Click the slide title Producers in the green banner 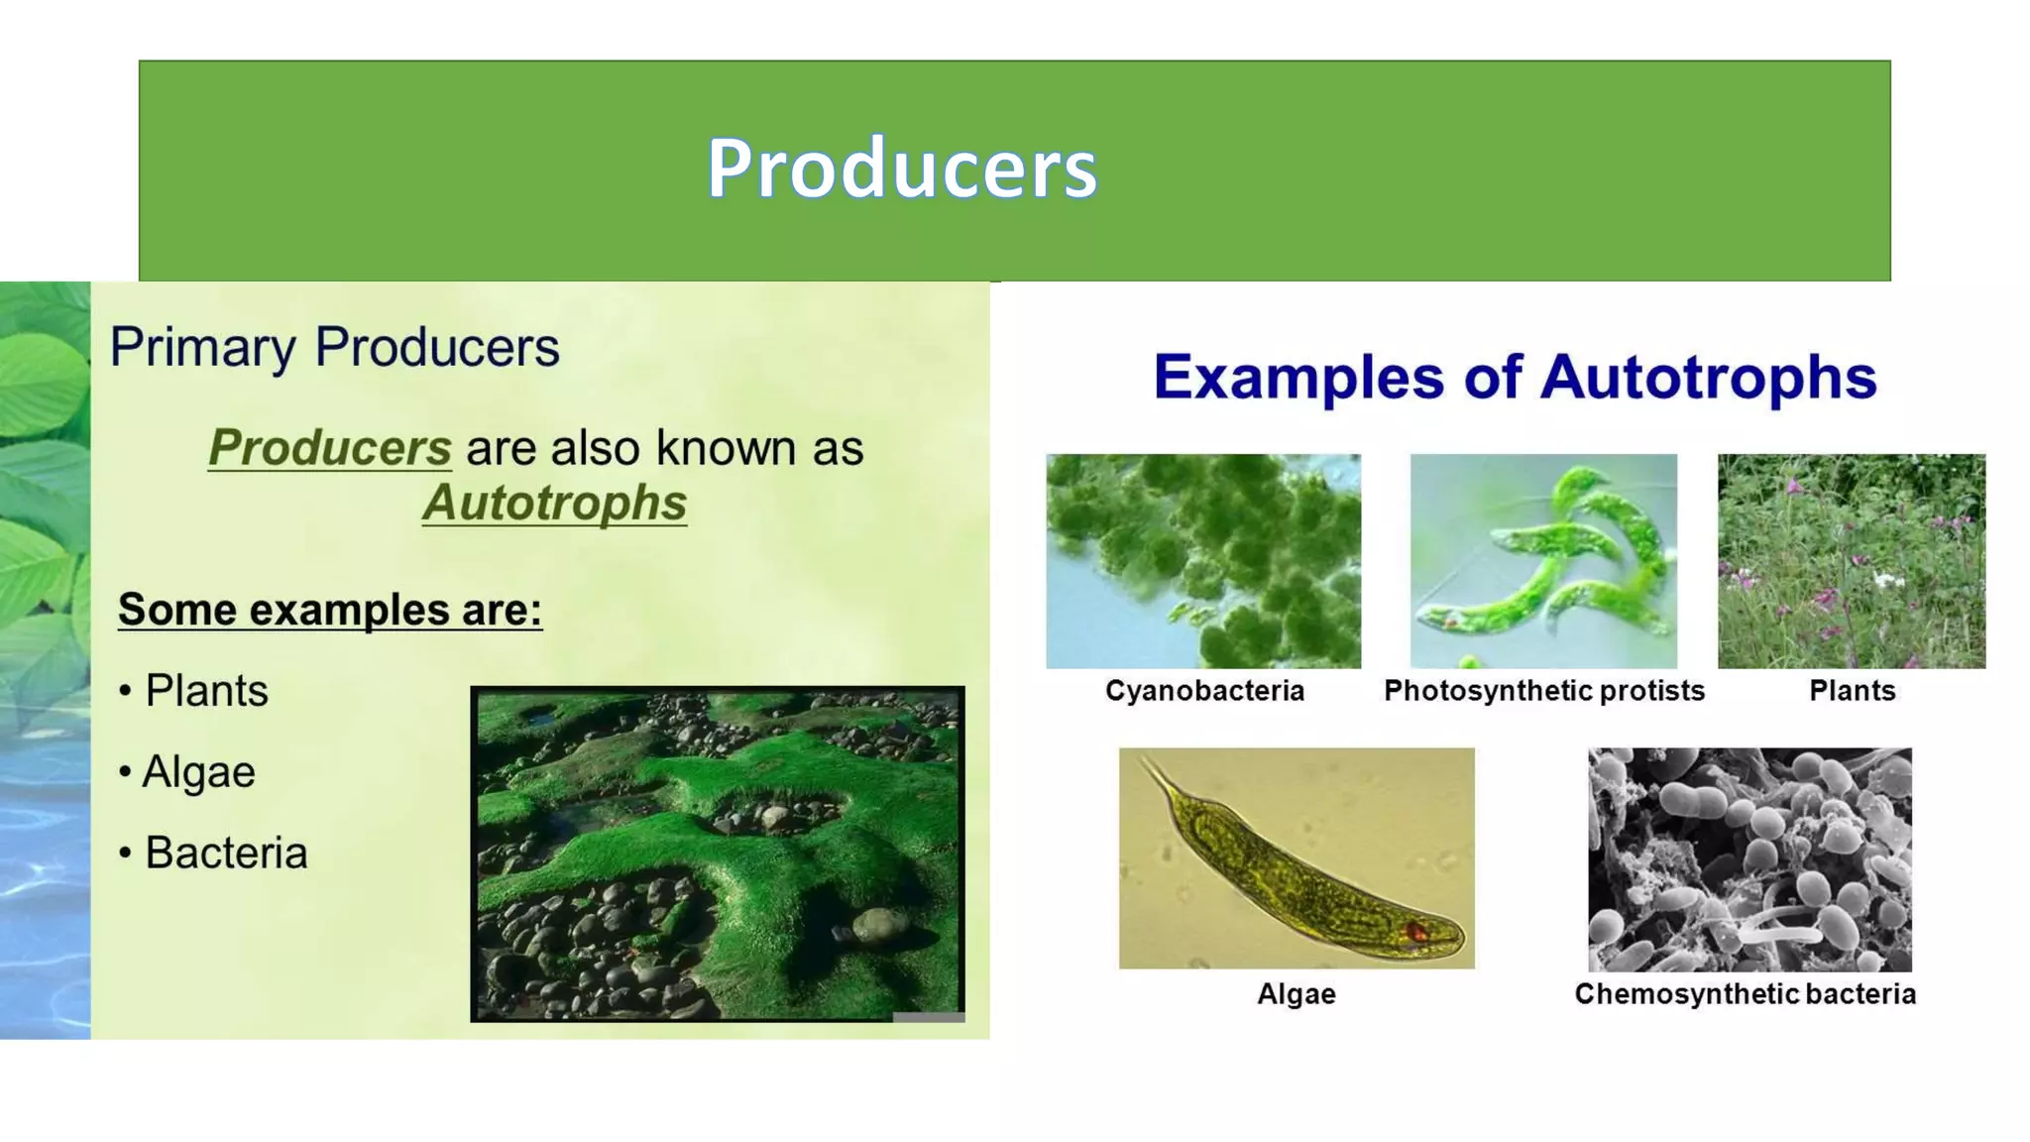(x=901, y=169)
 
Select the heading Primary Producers (x=334, y=348)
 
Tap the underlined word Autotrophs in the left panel (x=554, y=503)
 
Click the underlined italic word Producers (x=329, y=448)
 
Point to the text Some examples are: (x=330, y=610)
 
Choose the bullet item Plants (x=206, y=691)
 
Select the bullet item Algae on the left (x=198, y=772)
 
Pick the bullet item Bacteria (x=226, y=854)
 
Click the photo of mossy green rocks (x=717, y=854)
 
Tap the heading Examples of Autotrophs (x=1515, y=378)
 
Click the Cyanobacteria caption (x=1204, y=691)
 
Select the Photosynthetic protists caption (x=1543, y=691)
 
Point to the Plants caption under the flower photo (x=1852, y=691)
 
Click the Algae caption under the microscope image (x=1296, y=994)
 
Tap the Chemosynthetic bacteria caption (x=1745, y=994)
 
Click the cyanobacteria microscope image (x=1203, y=561)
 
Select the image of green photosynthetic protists (x=1543, y=561)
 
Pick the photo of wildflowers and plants (x=1852, y=561)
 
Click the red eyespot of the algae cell (x=1417, y=932)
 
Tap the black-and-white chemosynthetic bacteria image (x=1749, y=859)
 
